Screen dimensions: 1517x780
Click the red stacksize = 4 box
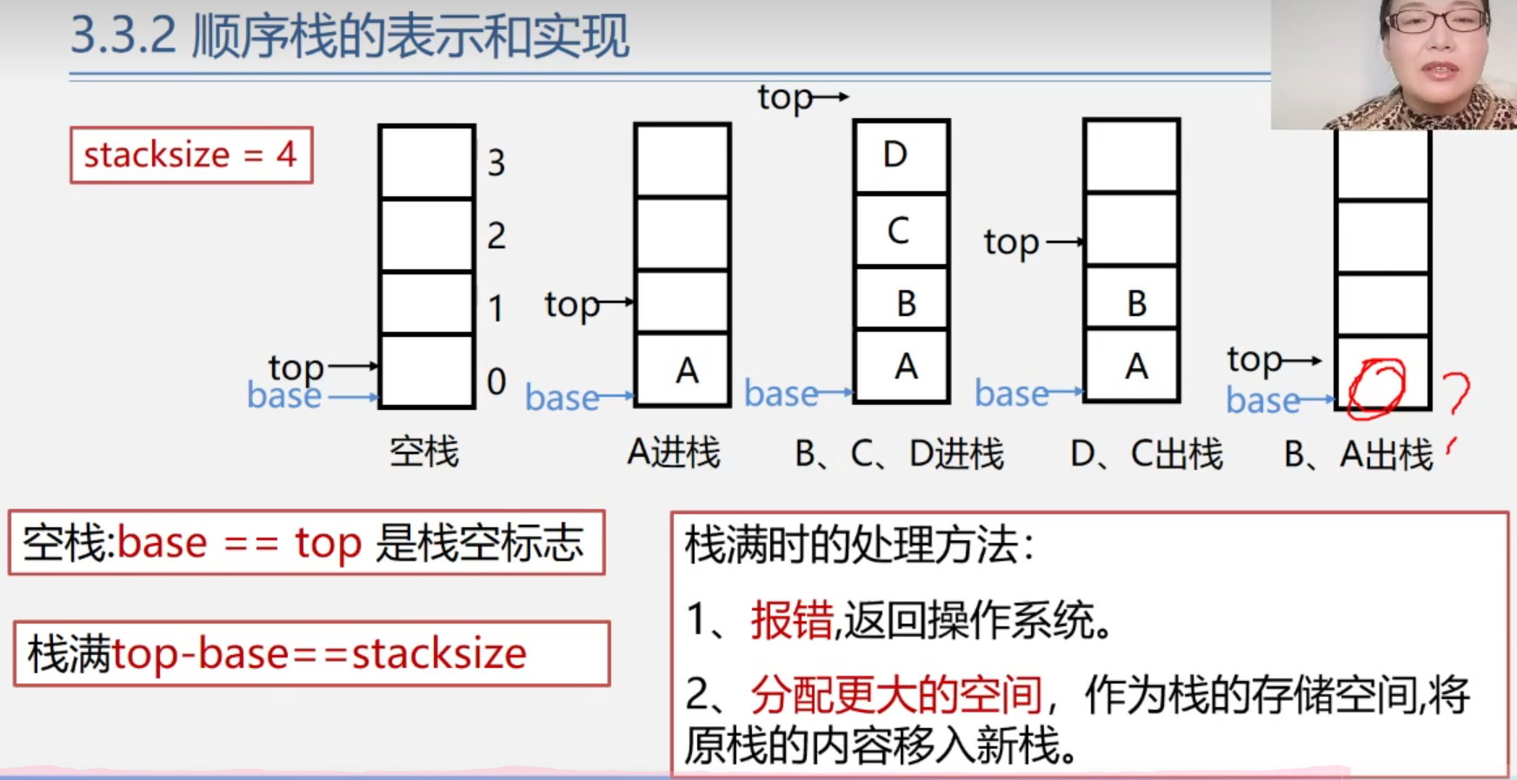(191, 155)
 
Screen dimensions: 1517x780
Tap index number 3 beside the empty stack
(496, 162)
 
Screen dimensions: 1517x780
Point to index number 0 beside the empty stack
(496, 381)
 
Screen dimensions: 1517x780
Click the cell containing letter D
(901, 155)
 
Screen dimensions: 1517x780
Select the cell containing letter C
(901, 230)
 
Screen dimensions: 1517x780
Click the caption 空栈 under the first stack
(424, 453)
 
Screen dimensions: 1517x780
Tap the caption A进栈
(674, 453)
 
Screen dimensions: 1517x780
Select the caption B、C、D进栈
(899, 453)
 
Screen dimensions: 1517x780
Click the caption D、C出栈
(1147, 453)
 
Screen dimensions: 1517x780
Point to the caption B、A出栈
(1358, 454)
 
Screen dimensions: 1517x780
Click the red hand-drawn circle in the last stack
(1376, 386)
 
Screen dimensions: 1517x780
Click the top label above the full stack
(785, 97)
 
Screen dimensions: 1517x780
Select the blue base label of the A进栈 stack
(562, 398)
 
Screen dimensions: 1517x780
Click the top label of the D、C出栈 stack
(1011, 242)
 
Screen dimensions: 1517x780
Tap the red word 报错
(791, 620)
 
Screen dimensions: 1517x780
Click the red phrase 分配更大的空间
(895, 694)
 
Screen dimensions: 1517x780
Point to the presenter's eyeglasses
(1437, 20)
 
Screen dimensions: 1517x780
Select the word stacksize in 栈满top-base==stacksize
(439, 653)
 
